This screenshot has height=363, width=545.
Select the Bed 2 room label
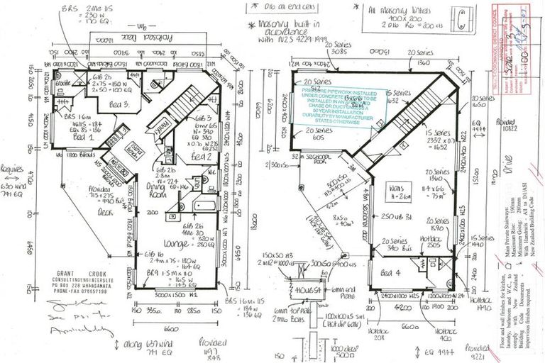tap(201, 156)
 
